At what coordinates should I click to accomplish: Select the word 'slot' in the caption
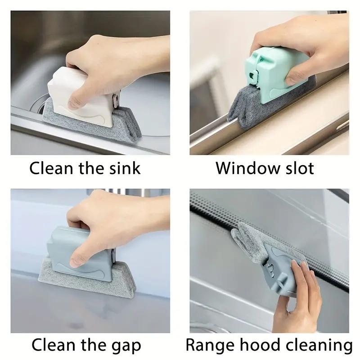coord(298,168)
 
